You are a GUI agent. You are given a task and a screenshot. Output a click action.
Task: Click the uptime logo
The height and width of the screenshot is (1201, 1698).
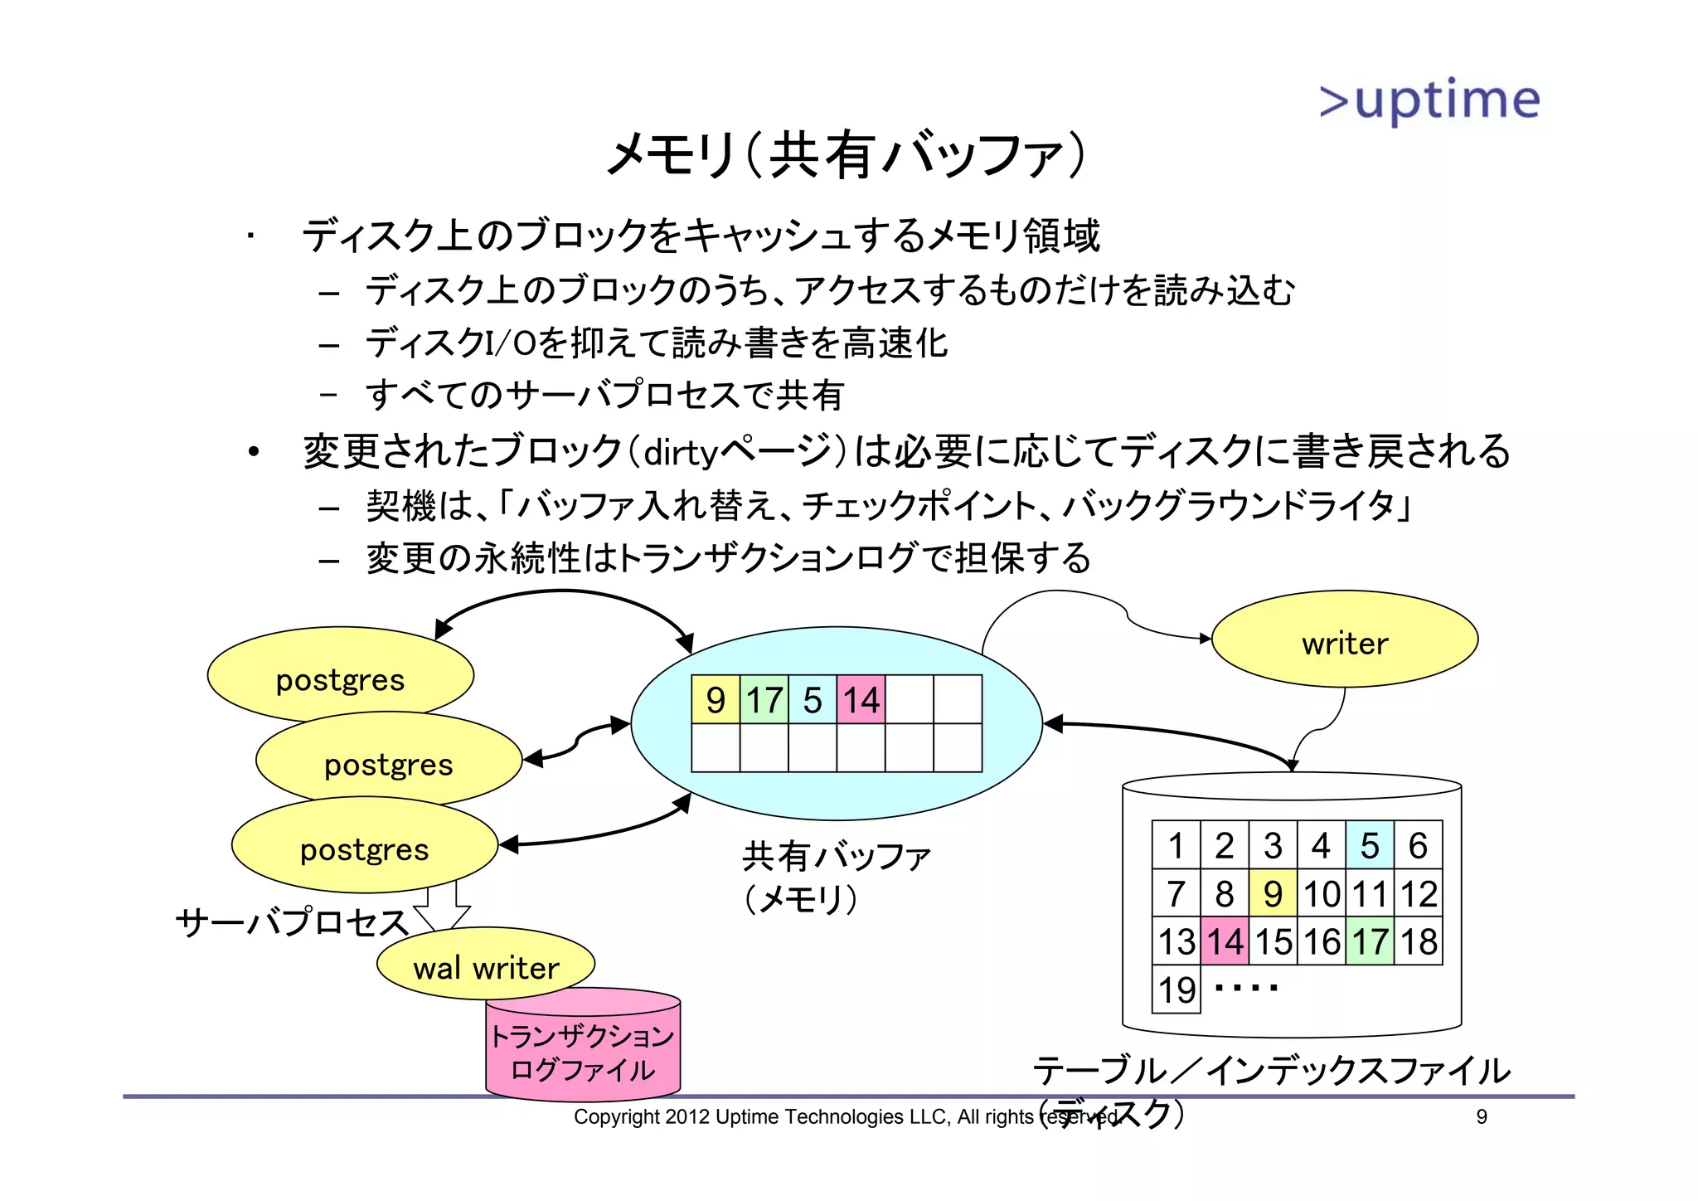point(1429,100)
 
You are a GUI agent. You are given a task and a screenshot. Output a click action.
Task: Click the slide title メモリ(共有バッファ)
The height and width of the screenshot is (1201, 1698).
point(846,155)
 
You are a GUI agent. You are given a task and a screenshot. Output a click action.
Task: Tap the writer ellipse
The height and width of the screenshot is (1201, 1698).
point(1344,640)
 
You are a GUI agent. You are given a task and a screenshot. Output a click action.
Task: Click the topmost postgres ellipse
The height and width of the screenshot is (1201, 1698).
point(340,676)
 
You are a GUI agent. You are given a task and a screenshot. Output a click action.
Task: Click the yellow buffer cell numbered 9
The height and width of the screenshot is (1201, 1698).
point(716,700)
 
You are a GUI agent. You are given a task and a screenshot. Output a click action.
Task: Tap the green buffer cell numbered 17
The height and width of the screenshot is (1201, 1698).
point(764,700)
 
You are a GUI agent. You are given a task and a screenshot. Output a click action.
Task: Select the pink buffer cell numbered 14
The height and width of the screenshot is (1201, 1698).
point(861,700)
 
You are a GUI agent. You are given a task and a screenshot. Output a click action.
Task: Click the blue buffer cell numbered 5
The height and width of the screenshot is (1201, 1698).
point(813,700)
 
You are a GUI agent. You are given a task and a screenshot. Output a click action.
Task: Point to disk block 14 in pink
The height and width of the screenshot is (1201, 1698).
point(1225,941)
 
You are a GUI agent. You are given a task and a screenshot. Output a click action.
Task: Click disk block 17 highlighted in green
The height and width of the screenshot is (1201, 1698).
point(1370,941)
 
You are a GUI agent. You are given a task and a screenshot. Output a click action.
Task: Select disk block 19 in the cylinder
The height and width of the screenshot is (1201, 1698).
point(1176,989)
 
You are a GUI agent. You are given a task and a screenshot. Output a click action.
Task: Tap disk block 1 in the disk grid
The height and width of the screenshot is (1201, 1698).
point(1176,845)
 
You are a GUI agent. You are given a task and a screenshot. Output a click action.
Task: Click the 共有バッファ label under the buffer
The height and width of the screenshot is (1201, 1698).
point(836,856)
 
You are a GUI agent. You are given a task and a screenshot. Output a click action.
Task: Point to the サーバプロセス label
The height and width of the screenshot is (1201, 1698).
point(292,921)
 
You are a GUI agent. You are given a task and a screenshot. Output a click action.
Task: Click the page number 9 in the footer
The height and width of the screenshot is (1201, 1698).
point(1482,1117)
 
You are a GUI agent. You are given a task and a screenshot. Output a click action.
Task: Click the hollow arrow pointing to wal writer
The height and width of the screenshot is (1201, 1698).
point(442,909)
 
